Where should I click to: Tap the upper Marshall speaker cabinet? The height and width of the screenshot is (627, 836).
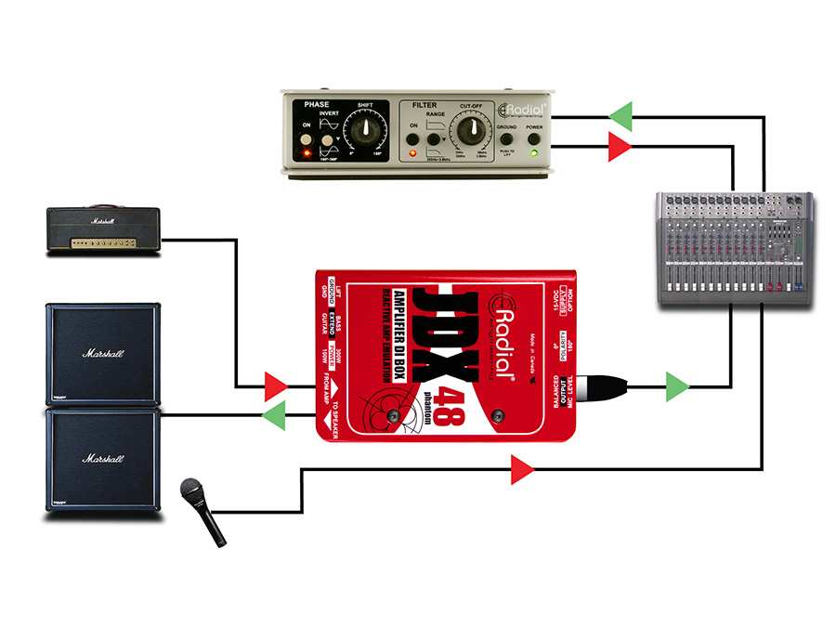pyautogui.click(x=102, y=352)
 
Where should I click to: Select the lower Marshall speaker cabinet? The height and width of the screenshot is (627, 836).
pyautogui.click(x=102, y=459)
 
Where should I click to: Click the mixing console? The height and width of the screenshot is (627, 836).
pyautogui.click(x=734, y=250)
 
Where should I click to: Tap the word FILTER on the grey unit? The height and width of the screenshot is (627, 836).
pyautogui.click(x=425, y=105)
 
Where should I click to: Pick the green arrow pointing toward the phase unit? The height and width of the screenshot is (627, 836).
pyautogui.click(x=620, y=116)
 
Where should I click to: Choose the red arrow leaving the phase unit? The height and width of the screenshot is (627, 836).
pyautogui.click(x=620, y=145)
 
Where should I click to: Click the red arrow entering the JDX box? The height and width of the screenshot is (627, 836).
pyautogui.click(x=275, y=385)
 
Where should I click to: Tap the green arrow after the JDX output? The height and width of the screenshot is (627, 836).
pyautogui.click(x=677, y=385)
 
